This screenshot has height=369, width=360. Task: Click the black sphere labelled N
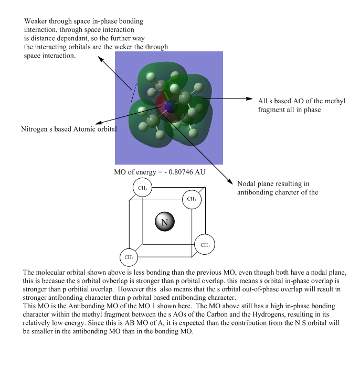tap(165, 222)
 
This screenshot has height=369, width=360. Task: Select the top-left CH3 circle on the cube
tap(142, 188)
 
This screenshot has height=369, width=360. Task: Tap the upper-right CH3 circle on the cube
tap(192, 199)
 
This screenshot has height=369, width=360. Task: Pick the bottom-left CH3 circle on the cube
tap(129, 257)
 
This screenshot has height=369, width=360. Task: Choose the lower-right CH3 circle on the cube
tap(205, 244)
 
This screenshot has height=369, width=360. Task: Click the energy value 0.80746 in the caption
tap(181, 172)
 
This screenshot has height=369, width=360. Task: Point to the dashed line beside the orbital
tap(134, 92)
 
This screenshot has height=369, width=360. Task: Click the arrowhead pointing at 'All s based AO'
tap(249, 99)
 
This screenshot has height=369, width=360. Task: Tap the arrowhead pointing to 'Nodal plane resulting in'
tap(230, 181)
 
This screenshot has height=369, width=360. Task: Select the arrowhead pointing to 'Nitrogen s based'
tap(99, 123)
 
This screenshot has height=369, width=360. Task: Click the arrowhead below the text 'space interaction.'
tap(100, 59)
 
